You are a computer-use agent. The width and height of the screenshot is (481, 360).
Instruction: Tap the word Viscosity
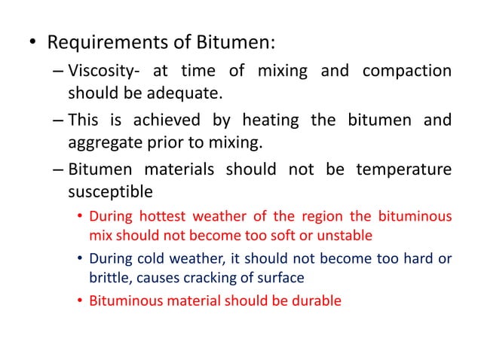tap(97, 72)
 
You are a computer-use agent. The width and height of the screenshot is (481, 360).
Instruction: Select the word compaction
tap(407, 72)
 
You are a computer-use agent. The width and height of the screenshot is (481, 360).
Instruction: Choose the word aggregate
tap(102, 142)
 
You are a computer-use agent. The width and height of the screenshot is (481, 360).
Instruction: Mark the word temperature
tap(406, 169)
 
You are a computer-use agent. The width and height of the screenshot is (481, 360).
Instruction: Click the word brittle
tap(106, 277)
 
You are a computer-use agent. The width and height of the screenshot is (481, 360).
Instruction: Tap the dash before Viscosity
tap(58, 72)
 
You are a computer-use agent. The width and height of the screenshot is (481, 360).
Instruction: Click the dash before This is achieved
tap(58, 121)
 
